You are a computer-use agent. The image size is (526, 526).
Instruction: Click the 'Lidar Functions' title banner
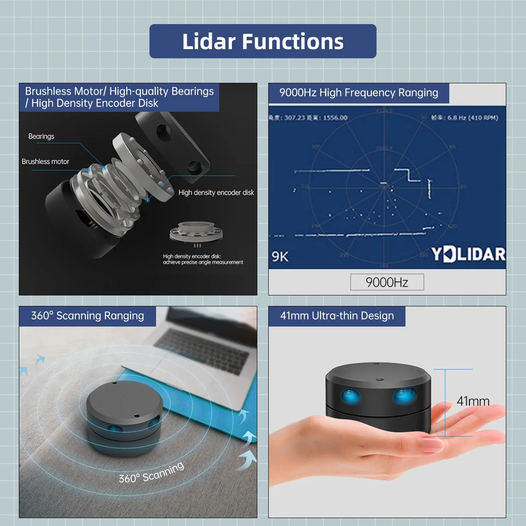(x=263, y=41)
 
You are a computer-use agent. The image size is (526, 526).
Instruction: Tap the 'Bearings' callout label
(x=41, y=136)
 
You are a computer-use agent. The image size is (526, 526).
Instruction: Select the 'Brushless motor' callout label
(x=46, y=161)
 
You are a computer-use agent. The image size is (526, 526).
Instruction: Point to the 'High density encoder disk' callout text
(x=216, y=192)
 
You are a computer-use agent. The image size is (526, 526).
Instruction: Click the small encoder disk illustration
(x=195, y=231)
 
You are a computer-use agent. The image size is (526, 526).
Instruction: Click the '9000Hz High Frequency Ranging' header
(x=359, y=93)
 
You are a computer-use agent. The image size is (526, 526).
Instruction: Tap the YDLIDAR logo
(x=468, y=254)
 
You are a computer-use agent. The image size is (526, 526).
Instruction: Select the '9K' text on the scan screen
(x=280, y=256)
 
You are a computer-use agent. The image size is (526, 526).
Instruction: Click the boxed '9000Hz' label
(x=387, y=282)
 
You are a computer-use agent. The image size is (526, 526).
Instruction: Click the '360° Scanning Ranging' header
(x=87, y=316)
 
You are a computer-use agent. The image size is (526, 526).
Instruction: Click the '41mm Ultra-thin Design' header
(x=337, y=316)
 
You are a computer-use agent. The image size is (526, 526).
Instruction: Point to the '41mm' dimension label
(x=473, y=401)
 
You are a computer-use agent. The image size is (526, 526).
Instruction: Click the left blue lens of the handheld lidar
(x=351, y=397)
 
